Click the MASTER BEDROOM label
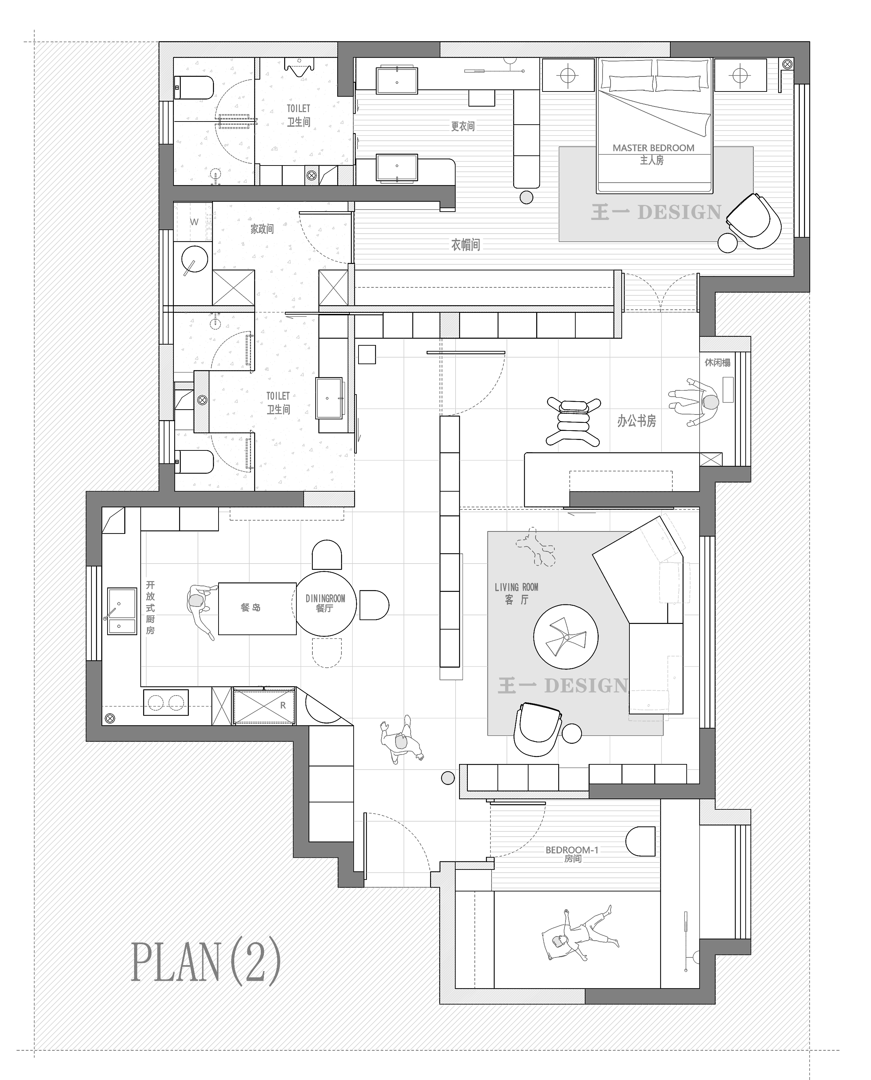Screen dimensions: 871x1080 click(x=653, y=148)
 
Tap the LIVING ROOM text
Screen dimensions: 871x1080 click(x=516, y=587)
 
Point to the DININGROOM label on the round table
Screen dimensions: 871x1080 click(x=325, y=598)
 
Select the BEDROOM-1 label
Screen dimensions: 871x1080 click(x=572, y=850)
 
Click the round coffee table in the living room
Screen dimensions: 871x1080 click(x=566, y=636)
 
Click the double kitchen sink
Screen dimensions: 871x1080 click(x=122, y=611)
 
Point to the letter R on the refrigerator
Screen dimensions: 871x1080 click(x=283, y=705)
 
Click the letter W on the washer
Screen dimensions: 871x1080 click(x=194, y=222)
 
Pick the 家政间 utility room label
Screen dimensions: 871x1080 click(x=262, y=229)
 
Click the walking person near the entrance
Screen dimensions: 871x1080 click(x=401, y=740)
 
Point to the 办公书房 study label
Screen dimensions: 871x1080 click(x=636, y=420)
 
